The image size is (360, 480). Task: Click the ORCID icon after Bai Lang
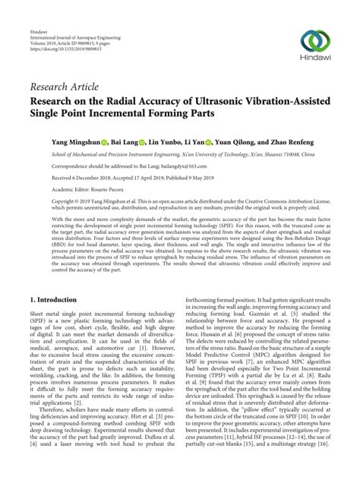[x=144, y=141]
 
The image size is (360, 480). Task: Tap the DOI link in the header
[x=63, y=30]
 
